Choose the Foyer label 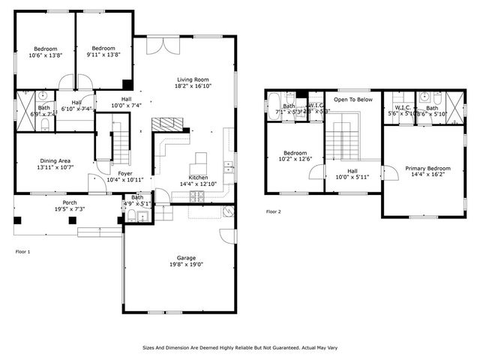[124, 177]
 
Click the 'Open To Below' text [353, 99]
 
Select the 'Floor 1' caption [23, 251]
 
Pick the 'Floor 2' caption [274, 211]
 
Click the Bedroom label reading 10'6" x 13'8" [44, 51]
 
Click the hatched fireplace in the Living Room [166, 124]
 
